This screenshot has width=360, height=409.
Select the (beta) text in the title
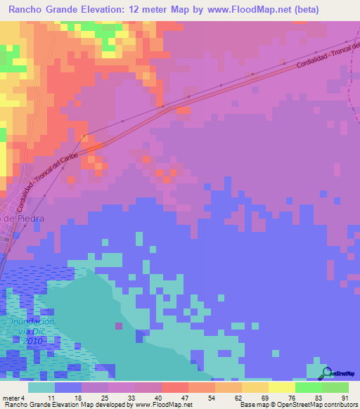click(286, 10)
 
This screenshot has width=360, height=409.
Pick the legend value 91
click(345, 398)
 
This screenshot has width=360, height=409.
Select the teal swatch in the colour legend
click(41, 387)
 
